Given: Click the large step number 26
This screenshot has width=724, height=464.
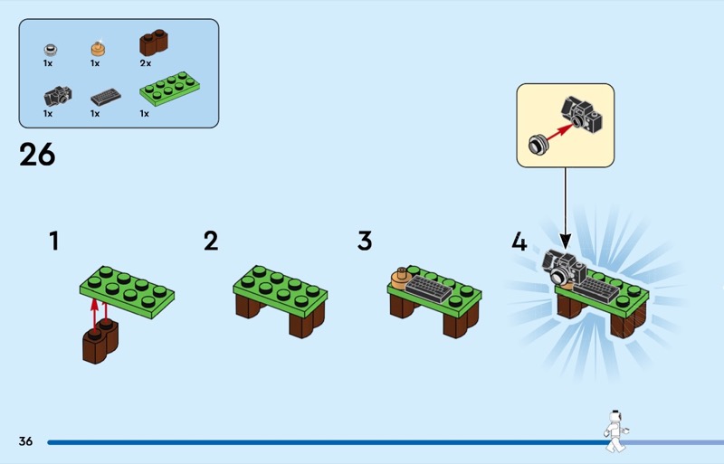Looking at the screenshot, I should point(37,155).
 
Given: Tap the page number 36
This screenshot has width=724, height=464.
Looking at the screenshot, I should point(25,441).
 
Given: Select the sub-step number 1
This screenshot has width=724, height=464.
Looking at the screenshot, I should point(55,241).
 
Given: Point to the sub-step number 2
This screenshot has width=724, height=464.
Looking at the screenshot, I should point(211,241).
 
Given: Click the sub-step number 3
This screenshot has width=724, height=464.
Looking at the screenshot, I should point(365,241).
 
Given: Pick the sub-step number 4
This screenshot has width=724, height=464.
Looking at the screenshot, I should point(519,241).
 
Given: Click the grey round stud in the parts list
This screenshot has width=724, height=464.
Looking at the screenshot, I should point(51,47).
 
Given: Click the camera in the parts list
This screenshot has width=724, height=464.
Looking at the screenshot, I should point(57,95).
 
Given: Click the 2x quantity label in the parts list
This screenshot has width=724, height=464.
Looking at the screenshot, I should point(146,64).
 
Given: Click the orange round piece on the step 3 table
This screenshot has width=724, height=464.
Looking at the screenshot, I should point(399,278).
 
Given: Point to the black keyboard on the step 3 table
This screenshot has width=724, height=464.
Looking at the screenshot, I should point(427,289).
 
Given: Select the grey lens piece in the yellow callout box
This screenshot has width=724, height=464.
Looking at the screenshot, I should point(537,143).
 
